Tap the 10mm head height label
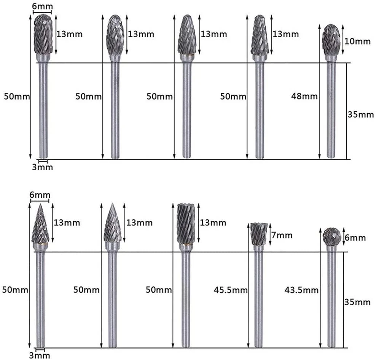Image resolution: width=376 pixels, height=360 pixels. tap(357, 41)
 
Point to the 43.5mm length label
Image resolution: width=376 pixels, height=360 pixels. tap(301, 290)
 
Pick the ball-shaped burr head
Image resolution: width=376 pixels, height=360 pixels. tap(331, 236)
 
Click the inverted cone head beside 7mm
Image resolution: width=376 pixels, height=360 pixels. tap(259, 234)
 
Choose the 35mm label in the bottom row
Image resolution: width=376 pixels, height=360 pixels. tap(357, 302)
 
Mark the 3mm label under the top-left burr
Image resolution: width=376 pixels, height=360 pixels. tap(42, 167)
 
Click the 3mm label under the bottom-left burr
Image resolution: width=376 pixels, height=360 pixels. tap(40, 355)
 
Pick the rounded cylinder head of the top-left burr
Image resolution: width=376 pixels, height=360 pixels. tap(43, 34)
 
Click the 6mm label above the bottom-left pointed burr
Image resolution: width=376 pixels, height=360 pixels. tap(40, 194)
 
